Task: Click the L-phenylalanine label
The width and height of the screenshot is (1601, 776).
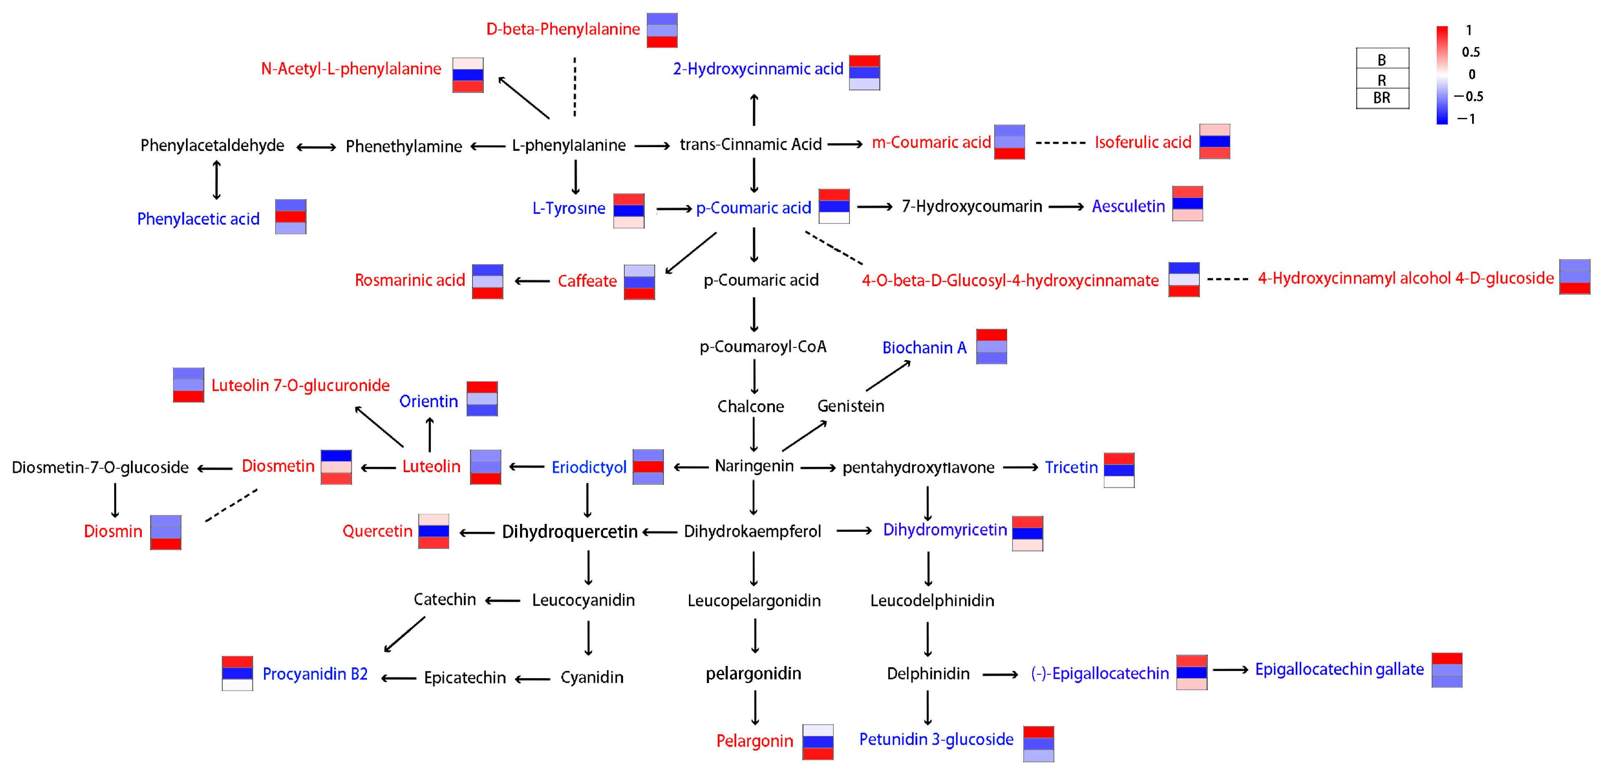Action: click(569, 145)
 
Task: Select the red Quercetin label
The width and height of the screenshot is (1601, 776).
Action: click(377, 531)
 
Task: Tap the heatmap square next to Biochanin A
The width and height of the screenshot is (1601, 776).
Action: click(991, 347)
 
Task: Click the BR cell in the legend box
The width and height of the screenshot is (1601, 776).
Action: click(1382, 98)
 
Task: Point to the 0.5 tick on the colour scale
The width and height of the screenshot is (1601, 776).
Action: click(1470, 52)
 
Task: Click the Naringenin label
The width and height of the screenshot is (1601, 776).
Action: click(754, 466)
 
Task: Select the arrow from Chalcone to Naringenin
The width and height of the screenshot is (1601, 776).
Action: click(754, 434)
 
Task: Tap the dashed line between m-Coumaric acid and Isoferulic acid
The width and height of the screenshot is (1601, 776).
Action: click(1060, 143)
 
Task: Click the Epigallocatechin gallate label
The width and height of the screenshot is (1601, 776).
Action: click(1340, 669)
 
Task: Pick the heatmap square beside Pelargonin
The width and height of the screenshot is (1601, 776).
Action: click(817, 742)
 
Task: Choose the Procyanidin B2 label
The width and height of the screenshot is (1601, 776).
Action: click(315, 674)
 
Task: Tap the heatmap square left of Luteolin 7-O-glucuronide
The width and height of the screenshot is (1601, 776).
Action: click(189, 385)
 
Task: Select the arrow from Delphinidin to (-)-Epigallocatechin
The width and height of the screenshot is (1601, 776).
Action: click(1000, 674)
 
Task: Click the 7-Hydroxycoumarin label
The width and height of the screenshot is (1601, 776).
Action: click(971, 206)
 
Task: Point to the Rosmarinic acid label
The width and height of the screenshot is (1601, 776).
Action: click(410, 280)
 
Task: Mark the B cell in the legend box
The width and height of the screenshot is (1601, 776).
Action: click(1382, 60)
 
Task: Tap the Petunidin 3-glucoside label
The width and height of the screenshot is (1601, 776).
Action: click(936, 739)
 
